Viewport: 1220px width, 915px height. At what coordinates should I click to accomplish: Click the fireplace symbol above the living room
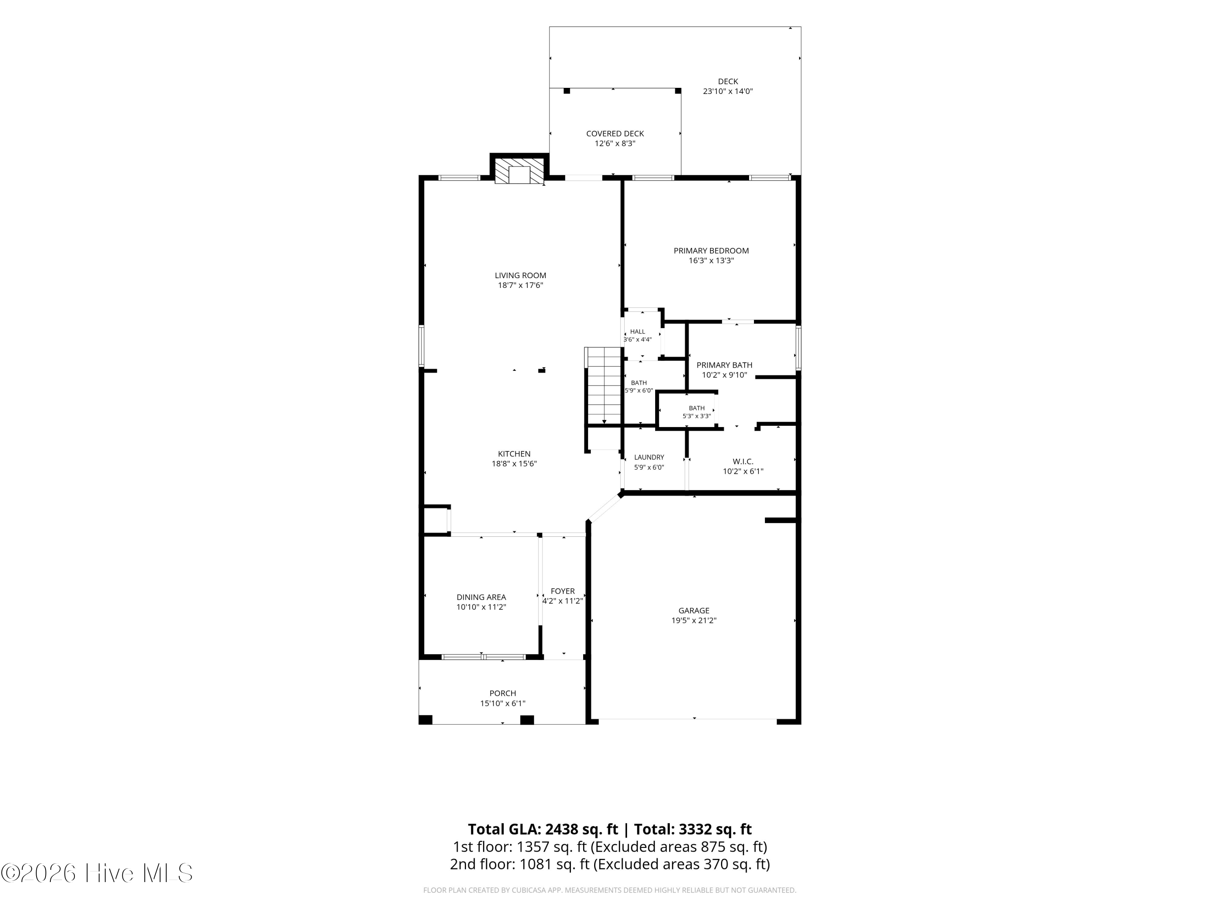[519, 172]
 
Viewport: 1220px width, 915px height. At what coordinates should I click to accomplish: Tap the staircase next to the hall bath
[604, 386]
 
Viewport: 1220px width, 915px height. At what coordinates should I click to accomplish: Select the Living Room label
[520, 275]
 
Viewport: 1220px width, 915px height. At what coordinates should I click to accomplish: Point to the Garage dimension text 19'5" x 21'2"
[693, 621]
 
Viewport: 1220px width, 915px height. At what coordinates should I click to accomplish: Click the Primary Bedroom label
[711, 251]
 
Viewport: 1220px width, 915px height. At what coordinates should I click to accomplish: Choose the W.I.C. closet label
[743, 461]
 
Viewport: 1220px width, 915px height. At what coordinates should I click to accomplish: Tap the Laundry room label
[649, 457]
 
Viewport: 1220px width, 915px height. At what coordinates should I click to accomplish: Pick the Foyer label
[562, 591]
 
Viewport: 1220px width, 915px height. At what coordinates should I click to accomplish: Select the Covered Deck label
[615, 133]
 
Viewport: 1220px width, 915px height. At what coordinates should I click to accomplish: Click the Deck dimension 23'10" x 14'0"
[728, 91]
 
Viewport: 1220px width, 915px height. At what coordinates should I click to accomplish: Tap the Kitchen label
[514, 454]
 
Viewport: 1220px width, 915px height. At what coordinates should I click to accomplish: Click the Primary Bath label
[724, 365]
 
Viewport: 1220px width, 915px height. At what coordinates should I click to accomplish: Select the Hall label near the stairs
[638, 331]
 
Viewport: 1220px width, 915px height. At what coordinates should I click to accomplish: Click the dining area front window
[484, 657]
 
